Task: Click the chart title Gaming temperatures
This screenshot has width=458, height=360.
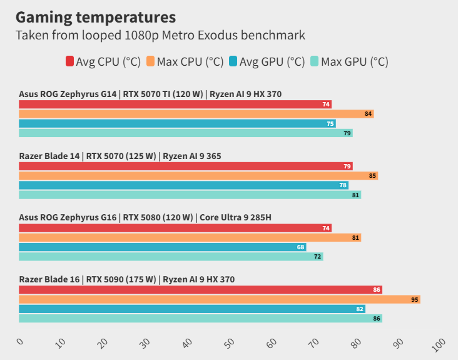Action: [x=96, y=16]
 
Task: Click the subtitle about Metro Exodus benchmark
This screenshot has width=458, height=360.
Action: [x=160, y=35]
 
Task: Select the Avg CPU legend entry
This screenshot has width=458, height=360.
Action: [x=103, y=61]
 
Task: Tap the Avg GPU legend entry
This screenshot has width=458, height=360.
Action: [x=267, y=61]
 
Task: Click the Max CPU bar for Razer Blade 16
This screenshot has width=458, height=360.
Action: [x=219, y=299]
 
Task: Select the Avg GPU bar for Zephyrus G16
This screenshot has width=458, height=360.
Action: [x=163, y=247]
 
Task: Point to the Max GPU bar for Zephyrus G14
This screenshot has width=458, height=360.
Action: [x=186, y=133]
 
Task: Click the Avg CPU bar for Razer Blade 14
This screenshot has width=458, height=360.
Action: [x=186, y=167]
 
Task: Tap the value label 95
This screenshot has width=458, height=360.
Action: [x=415, y=300]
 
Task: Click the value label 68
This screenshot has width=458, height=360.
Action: [x=301, y=247]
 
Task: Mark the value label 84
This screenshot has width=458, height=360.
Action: [x=369, y=114]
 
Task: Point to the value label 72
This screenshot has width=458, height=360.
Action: [x=318, y=257]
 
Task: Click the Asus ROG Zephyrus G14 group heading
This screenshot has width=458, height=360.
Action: [x=150, y=95]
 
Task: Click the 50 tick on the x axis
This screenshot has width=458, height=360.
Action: [x=230, y=343]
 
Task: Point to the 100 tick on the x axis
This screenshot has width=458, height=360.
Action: [x=438, y=344]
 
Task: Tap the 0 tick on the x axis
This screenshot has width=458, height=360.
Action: [x=19, y=341]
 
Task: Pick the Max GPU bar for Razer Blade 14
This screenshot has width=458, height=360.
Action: [x=190, y=195]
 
